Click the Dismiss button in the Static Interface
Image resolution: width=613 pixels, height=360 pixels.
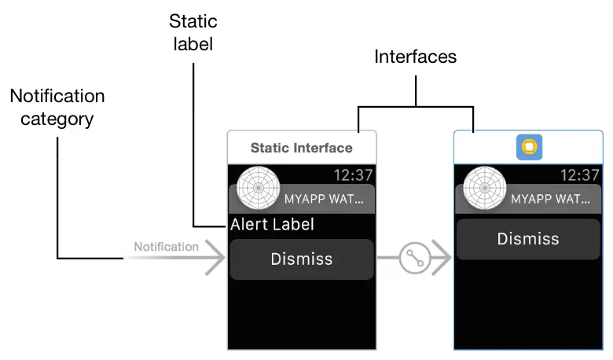tap(301, 259)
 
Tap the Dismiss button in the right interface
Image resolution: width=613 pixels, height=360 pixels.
tap(529, 239)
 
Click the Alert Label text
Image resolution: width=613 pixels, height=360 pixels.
tap(272, 225)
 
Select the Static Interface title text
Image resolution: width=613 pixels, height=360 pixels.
tap(301, 148)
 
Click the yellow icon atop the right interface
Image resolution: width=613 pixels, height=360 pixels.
tap(529, 147)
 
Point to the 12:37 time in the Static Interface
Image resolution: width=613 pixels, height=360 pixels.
tap(353, 174)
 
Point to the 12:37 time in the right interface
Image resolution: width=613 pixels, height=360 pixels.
tap(581, 174)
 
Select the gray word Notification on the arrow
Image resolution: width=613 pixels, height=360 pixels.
tap(166, 247)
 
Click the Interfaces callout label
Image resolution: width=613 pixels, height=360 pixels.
tap(415, 57)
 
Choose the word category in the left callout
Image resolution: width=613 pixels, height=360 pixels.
tap(57, 120)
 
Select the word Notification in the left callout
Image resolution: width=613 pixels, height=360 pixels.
tap(57, 96)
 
